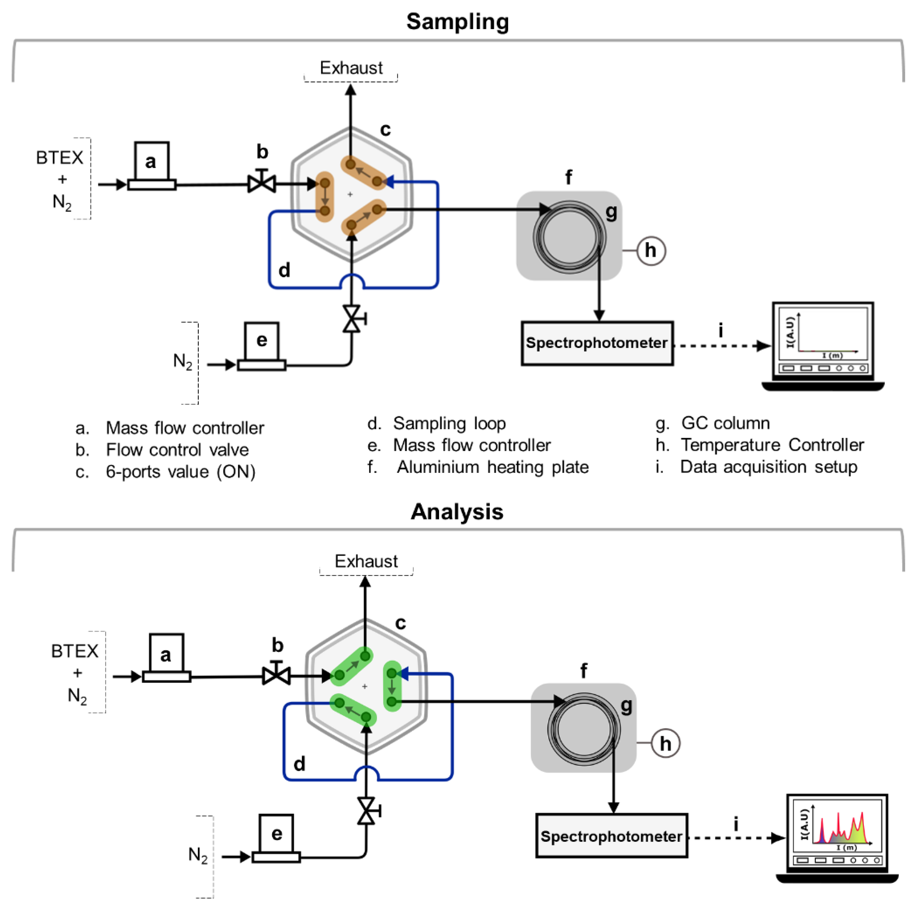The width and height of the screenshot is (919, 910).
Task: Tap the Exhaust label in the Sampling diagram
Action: tap(351, 68)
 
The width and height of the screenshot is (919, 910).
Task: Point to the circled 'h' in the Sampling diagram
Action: tap(651, 250)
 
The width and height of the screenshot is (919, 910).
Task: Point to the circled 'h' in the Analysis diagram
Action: tap(665, 744)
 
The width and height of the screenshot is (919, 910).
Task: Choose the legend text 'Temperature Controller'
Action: tap(772, 445)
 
